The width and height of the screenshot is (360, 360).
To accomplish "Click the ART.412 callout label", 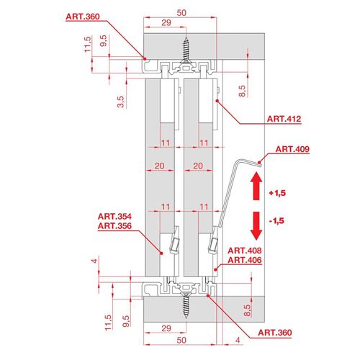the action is click(284, 119).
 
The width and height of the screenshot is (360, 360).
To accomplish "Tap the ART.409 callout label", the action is click(292, 149).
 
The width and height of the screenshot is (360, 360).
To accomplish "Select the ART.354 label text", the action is click(114, 217).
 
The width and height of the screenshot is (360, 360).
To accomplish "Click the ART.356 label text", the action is click(114, 226).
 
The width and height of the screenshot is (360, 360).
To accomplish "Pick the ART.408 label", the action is click(245, 251).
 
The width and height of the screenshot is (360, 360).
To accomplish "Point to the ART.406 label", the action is click(245, 260).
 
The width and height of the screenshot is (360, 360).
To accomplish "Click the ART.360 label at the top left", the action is click(83, 17).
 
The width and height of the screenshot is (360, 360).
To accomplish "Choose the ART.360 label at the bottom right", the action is click(275, 333).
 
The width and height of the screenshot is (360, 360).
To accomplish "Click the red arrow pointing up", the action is click(256, 186).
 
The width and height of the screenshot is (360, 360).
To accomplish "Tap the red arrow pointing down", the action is click(256, 226).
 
